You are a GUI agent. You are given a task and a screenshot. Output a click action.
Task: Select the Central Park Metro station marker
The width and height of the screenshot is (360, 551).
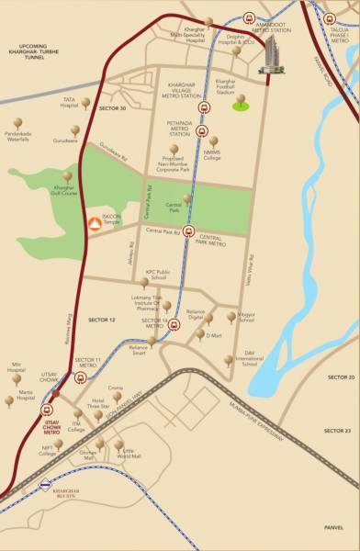point(189,231)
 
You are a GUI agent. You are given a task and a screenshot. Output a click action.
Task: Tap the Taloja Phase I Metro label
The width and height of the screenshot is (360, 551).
point(340,36)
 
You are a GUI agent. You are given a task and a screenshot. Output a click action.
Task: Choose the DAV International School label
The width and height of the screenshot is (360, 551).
point(248,359)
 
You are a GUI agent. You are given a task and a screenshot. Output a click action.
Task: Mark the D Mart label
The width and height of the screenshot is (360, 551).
point(214,336)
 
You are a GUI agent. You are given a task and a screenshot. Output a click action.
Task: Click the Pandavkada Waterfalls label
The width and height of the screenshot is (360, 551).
point(19,136)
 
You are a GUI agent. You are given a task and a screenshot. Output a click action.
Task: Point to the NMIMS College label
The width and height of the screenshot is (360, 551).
point(212,155)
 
